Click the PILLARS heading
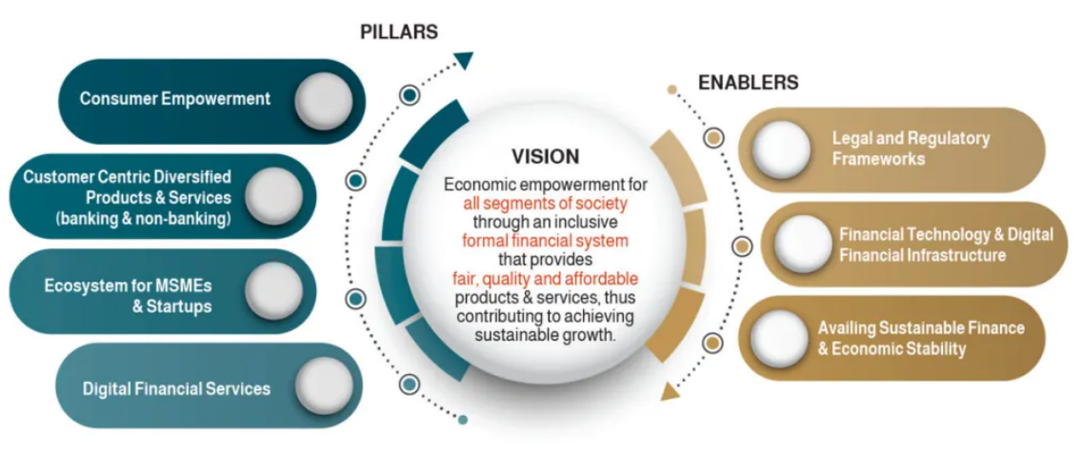pyautogui.click(x=398, y=31)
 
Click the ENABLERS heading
pyautogui.click(x=748, y=83)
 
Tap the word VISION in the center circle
pyautogui.click(x=545, y=156)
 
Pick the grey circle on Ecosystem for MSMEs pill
pyautogui.click(x=273, y=290)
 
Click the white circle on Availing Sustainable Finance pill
pyautogui.click(x=780, y=339)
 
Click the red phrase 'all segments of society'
pyautogui.click(x=546, y=204)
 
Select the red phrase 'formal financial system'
pyautogui.click(x=546, y=241)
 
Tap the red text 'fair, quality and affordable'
pyautogui.click(x=545, y=278)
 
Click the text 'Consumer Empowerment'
pyautogui.click(x=175, y=99)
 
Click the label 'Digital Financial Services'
pyautogui.click(x=176, y=388)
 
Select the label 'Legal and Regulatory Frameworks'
pyautogui.click(x=911, y=148)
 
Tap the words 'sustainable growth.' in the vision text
pyautogui.click(x=546, y=335)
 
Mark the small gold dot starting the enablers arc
pyautogui.click(x=672, y=89)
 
